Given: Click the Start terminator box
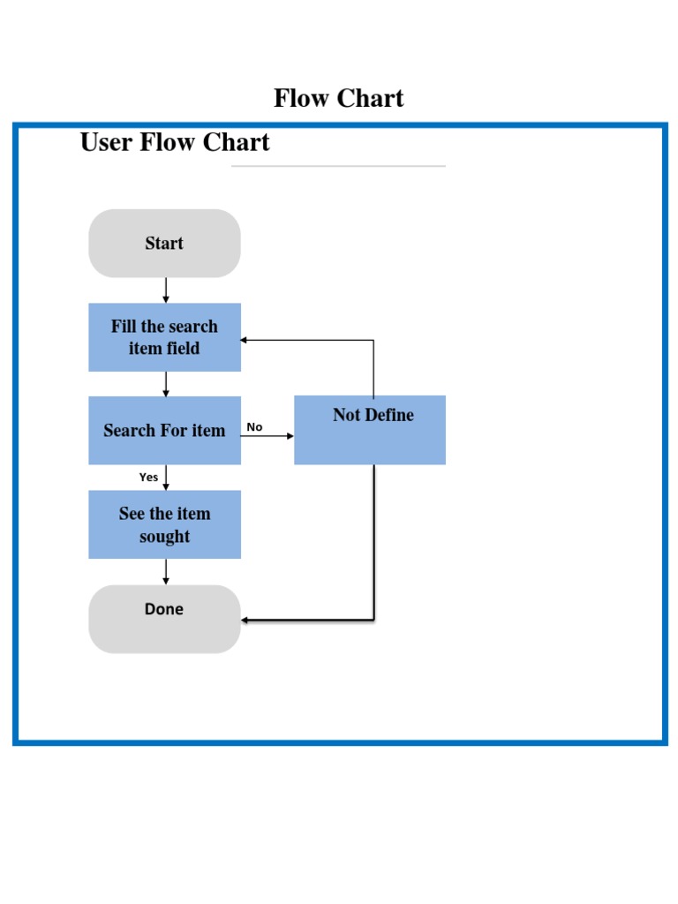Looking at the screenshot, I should pyautogui.click(x=164, y=244).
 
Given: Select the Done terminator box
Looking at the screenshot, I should pyautogui.click(x=164, y=619).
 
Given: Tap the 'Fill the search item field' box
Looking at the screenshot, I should pyautogui.click(x=164, y=337).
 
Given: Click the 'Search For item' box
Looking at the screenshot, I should pyautogui.click(x=164, y=431).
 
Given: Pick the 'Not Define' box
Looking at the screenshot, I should pyautogui.click(x=370, y=430).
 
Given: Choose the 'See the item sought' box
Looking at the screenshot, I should pyautogui.click(x=164, y=524).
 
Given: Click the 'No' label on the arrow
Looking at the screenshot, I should pyautogui.click(x=254, y=427).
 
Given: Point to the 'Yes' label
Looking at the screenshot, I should pyautogui.click(x=148, y=478).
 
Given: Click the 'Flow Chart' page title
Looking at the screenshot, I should pyautogui.click(x=338, y=98).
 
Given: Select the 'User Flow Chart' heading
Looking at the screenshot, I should pyautogui.click(x=175, y=142).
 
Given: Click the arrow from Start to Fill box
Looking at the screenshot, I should pyautogui.click(x=166, y=290).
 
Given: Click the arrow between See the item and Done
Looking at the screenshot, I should pyautogui.click(x=166, y=571).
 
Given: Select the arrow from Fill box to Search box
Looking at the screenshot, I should pyautogui.click(x=166, y=384).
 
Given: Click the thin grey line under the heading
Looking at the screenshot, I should pyautogui.click(x=338, y=165).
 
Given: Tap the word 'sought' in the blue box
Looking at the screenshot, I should pyautogui.click(x=164, y=537).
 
